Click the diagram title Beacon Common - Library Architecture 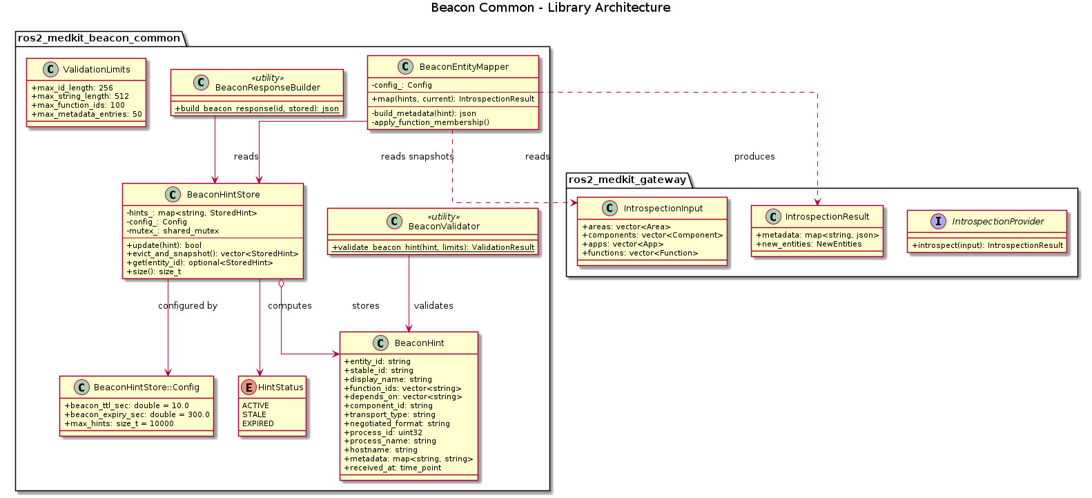click(550, 8)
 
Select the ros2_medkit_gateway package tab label click(627, 180)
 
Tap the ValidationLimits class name click(96, 69)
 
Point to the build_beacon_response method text click(257, 108)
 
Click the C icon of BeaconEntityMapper click(405, 66)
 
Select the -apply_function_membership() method click(430, 122)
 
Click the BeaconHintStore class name click(223, 194)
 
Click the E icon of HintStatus click(248, 387)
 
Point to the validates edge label click(433, 305)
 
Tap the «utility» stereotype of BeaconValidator click(443, 217)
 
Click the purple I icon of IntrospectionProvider click(938, 221)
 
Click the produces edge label click(754, 157)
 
